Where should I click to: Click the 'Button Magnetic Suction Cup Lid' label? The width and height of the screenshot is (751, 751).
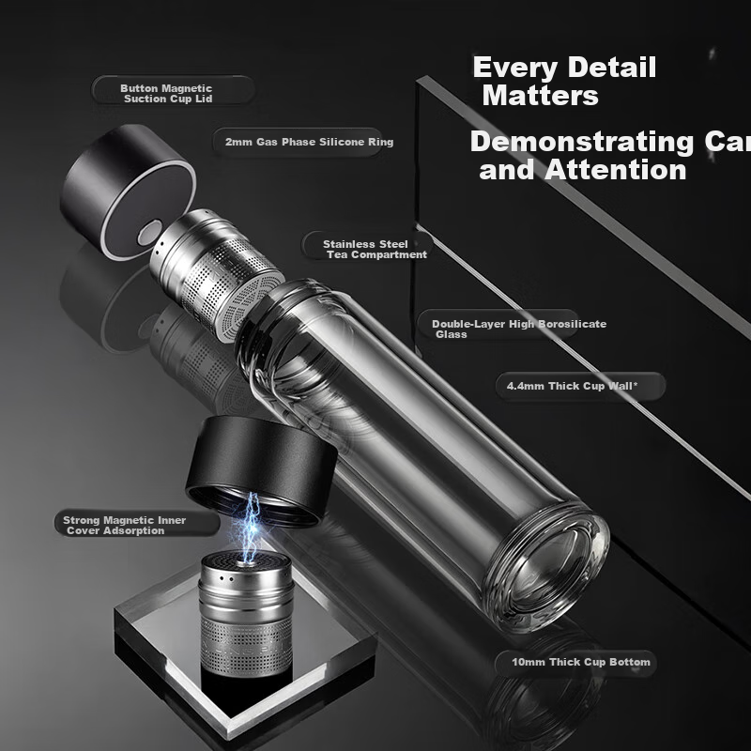pos(166,93)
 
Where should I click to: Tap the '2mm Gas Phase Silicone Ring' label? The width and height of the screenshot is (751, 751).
pos(310,142)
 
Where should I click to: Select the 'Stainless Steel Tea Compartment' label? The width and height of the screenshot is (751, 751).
pos(375,249)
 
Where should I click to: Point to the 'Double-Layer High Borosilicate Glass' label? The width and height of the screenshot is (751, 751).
pos(519,330)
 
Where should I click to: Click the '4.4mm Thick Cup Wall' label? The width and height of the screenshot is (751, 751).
pos(573,386)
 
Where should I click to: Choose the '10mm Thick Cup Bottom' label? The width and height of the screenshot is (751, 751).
pos(581,662)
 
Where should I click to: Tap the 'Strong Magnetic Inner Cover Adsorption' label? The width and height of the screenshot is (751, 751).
pos(125,525)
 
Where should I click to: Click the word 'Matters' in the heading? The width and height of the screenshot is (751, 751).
pos(541,96)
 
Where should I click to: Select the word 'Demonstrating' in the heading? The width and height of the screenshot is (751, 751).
pos(581,143)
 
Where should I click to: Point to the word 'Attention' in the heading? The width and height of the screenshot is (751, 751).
pos(616,170)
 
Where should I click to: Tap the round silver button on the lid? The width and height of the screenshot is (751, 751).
pos(150,233)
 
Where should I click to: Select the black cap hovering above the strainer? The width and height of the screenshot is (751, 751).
pos(262,470)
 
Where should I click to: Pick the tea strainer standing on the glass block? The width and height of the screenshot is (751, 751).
pos(246,614)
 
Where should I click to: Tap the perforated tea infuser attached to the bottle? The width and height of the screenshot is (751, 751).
pos(217,274)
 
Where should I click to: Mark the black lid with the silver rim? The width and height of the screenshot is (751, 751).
pos(128,192)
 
